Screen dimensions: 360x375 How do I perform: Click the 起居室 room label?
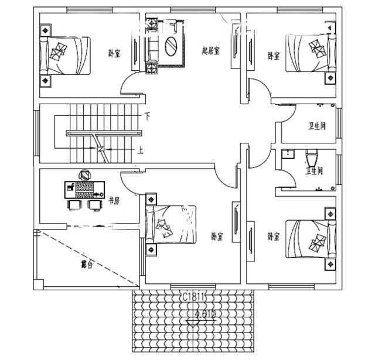[210, 51]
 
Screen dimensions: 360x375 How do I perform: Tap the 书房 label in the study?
[114, 200]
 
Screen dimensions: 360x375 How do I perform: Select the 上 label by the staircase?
[141, 149]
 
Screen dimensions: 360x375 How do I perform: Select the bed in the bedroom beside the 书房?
[171, 225]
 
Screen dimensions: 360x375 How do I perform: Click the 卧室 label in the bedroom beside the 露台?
[217, 236]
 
